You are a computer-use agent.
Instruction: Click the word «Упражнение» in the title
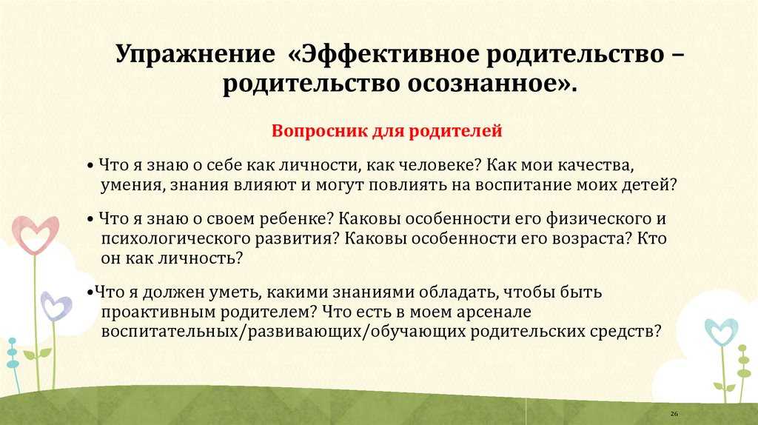pos(195,54)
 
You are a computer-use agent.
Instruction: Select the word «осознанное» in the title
pos(483,83)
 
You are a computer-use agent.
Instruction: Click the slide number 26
pos(674,414)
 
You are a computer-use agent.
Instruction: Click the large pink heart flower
pos(36,235)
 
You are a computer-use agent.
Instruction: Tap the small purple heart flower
pos(56,306)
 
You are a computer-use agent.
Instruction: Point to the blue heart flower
pos(721,332)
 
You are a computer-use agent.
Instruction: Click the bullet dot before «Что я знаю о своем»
pos(90,219)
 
